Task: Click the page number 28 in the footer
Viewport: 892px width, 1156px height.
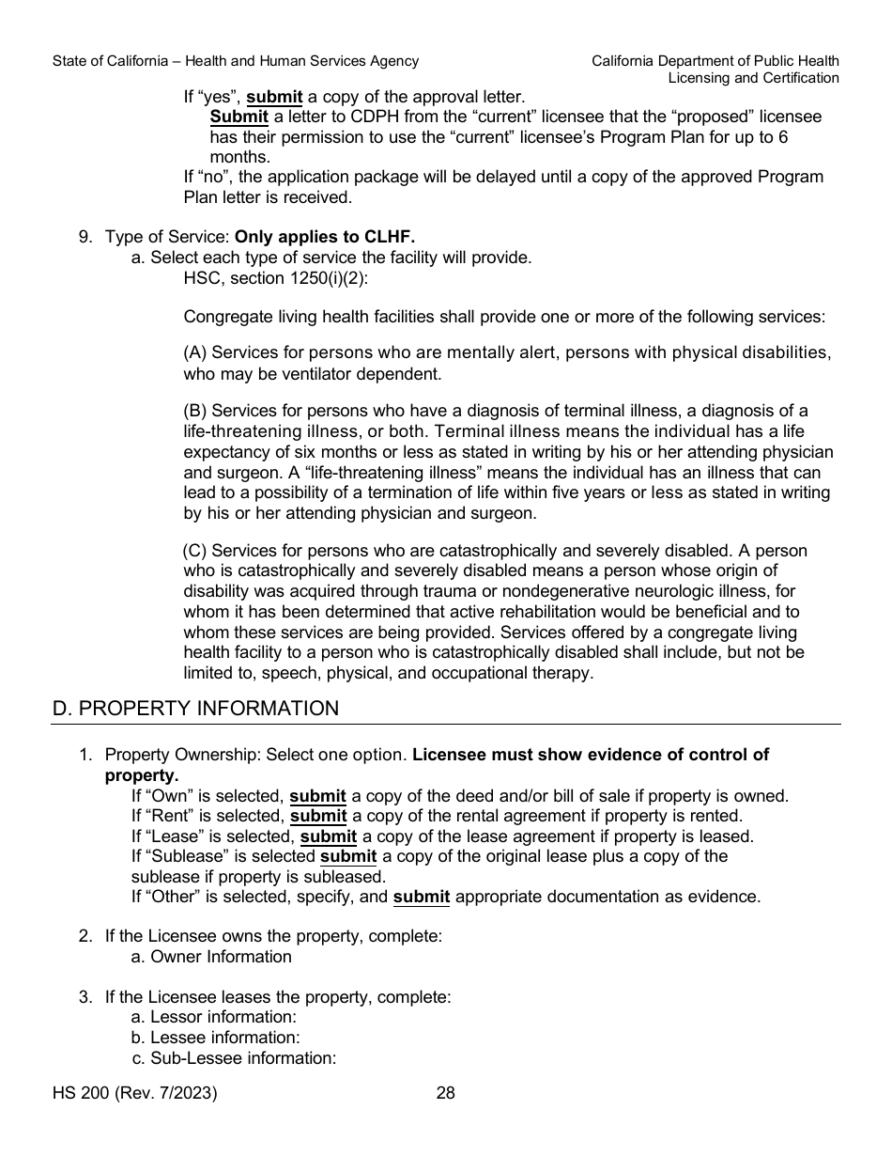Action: coord(446,1093)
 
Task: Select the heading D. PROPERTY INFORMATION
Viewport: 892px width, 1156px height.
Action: coord(195,709)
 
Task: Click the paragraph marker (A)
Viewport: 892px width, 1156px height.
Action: coord(195,352)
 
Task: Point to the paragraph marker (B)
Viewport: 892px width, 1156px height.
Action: coord(195,411)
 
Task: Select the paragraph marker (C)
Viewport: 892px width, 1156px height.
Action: coord(194,551)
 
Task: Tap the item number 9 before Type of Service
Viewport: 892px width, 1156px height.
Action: coord(85,237)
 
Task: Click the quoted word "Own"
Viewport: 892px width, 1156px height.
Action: coord(168,796)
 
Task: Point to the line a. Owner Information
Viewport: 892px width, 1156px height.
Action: coord(211,957)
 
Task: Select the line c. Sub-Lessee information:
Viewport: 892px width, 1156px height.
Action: coord(234,1058)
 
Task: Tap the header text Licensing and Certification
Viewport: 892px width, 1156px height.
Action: coord(753,78)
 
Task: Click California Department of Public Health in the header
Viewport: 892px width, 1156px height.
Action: coord(715,61)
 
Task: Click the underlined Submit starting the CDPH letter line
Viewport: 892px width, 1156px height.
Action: coord(239,117)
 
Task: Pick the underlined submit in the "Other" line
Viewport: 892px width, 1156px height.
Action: coord(421,897)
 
